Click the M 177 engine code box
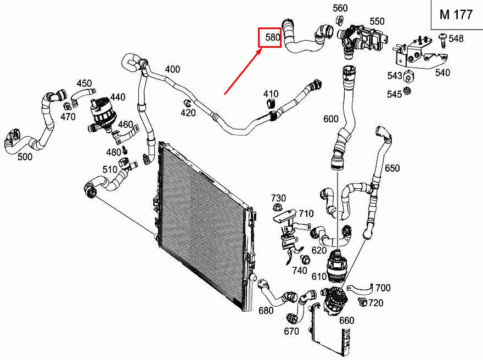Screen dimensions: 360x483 point(456,15)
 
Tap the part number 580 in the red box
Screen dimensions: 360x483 point(271,38)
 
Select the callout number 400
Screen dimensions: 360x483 point(172,69)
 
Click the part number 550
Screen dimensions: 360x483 point(377,21)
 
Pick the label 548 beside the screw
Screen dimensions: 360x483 point(456,38)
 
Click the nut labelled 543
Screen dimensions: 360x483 point(409,76)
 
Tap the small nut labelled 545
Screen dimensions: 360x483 point(407,91)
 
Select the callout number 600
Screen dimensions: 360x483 point(331,119)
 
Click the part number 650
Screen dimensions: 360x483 point(392,168)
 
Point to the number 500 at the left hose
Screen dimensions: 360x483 point(25,157)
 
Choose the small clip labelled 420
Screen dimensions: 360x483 point(187,103)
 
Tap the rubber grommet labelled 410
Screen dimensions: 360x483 point(269,105)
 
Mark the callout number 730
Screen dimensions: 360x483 point(278,198)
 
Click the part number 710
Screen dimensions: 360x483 point(306,213)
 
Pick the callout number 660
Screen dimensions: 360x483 point(346,320)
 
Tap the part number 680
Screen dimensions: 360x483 point(266,311)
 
